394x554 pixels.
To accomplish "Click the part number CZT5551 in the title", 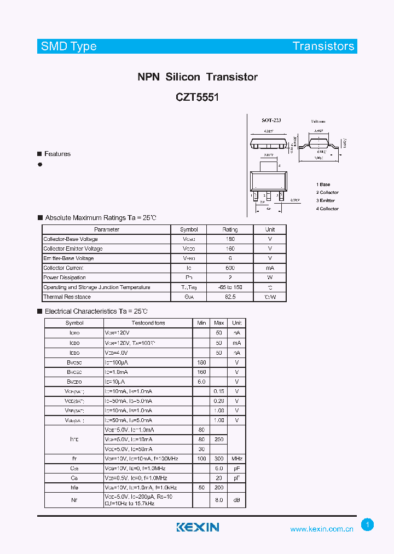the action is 197,97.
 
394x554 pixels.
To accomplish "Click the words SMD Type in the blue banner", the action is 69,47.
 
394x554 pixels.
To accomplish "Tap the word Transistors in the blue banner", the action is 323,47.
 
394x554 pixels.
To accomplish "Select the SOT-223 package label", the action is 271,120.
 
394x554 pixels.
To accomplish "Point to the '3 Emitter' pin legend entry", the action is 326,201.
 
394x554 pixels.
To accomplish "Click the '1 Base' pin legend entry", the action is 323,185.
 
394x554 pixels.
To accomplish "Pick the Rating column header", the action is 230,229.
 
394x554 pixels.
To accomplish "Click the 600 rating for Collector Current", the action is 230,268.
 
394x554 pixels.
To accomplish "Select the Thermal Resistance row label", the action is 67,297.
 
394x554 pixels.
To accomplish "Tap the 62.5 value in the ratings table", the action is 230,297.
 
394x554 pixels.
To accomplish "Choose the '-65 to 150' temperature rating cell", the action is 230,287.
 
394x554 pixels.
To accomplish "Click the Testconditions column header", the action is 148,323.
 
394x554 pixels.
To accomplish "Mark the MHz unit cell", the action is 237,459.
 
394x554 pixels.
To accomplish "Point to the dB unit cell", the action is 237,500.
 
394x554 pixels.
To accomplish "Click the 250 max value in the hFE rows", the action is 219,440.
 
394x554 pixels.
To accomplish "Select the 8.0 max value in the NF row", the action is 219,500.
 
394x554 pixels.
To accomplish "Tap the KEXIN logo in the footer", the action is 198,527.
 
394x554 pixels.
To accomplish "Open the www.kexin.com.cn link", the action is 322,529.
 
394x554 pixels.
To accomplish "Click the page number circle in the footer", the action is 368,525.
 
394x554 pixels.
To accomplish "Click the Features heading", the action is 57,154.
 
